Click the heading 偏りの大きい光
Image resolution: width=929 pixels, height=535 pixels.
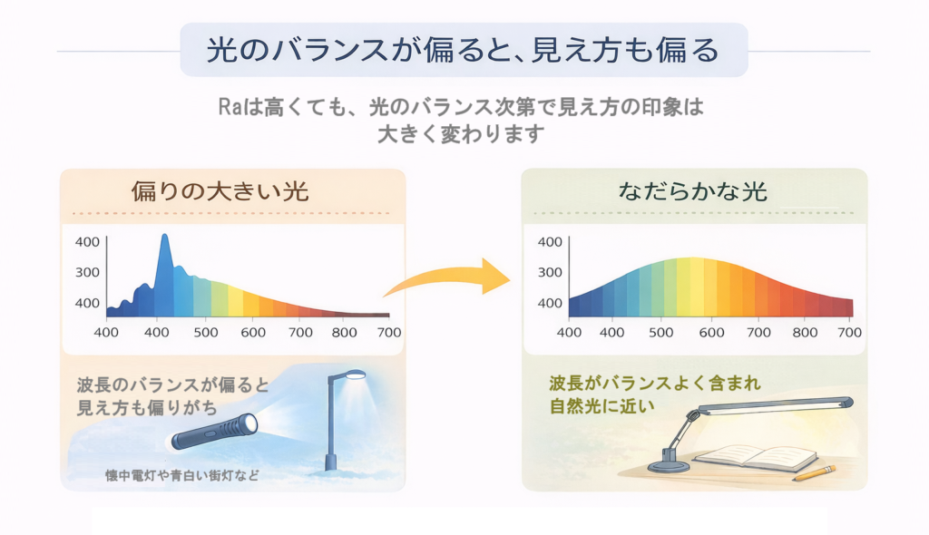click(220, 191)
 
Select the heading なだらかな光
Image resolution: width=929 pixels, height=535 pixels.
click(692, 191)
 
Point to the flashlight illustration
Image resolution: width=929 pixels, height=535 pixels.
click(215, 431)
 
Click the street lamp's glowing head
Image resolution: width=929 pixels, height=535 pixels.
click(355, 375)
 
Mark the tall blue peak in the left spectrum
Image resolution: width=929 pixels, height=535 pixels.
click(165, 237)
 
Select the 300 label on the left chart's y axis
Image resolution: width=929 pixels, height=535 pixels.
click(87, 273)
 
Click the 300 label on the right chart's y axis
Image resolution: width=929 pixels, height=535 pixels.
click(550, 273)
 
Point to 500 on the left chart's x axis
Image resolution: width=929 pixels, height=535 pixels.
click(206, 333)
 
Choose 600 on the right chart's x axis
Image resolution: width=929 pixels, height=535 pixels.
click(711, 333)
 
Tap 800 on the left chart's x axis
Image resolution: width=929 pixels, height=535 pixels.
click(344, 333)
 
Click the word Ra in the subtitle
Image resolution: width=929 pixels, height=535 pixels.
click(231, 107)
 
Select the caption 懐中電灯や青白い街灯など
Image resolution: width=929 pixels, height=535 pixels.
click(181, 476)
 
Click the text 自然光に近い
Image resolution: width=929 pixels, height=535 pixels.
click(602, 406)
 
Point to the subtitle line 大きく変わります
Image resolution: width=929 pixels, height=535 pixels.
click(461, 134)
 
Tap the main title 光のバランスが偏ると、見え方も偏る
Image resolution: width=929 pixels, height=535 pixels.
click(464, 50)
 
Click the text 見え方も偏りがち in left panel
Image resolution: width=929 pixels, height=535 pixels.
click(147, 408)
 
